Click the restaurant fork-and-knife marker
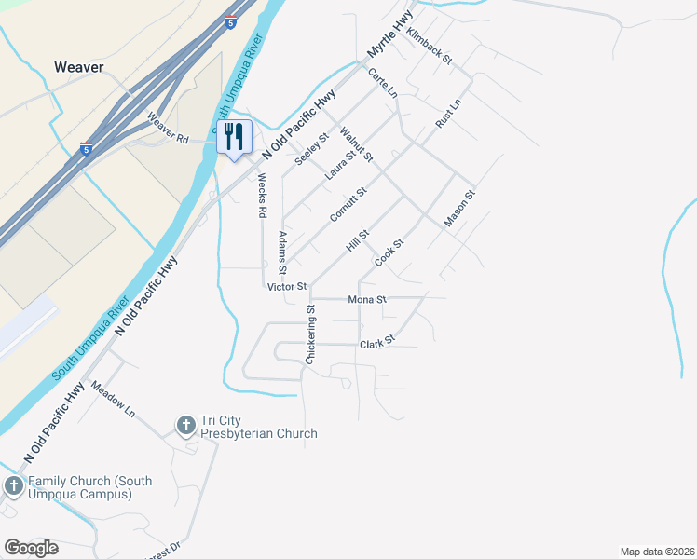point(233,136)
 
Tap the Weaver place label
point(78,67)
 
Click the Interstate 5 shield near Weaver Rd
point(86,149)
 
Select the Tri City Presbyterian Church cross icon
point(185,426)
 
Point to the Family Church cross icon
point(13,486)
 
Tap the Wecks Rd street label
point(263,196)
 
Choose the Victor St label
point(286,287)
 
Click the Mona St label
point(366,300)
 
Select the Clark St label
point(377,343)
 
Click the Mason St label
point(460,209)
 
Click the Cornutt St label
point(348,205)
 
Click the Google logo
point(31,548)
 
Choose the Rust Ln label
point(448,114)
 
